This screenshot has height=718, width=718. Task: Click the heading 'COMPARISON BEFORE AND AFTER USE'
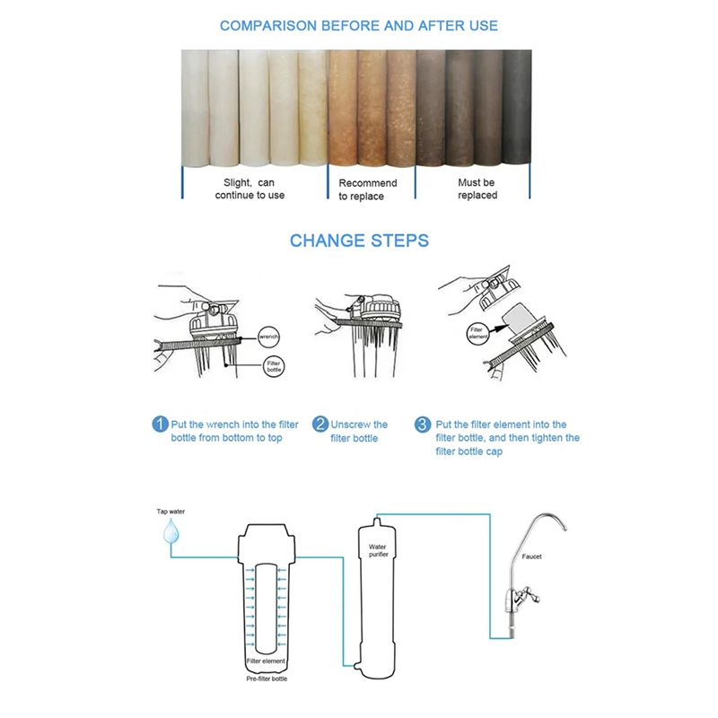tap(359, 25)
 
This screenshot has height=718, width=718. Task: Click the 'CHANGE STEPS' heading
tap(359, 241)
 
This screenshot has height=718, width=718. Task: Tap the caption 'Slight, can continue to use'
tap(250, 188)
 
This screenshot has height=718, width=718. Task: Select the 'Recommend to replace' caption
tap(367, 189)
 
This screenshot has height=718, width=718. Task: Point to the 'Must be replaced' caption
tap(477, 188)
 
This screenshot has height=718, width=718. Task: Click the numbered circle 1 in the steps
tap(159, 425)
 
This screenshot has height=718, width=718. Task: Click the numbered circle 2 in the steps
tap(320, 425)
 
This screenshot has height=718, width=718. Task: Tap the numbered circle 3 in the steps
tap(422, 425)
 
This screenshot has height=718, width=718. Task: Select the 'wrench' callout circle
tap(269, 337)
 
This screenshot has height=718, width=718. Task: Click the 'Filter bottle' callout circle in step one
tap(273, 368)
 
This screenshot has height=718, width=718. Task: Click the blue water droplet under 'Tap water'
tap(170, 533)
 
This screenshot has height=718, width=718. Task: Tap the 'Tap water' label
tap(170, 511)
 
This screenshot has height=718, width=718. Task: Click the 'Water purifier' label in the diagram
tap(379, 550)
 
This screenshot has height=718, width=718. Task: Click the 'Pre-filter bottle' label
tap(266, 679)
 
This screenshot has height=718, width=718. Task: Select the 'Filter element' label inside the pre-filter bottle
tap(266, 661)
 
